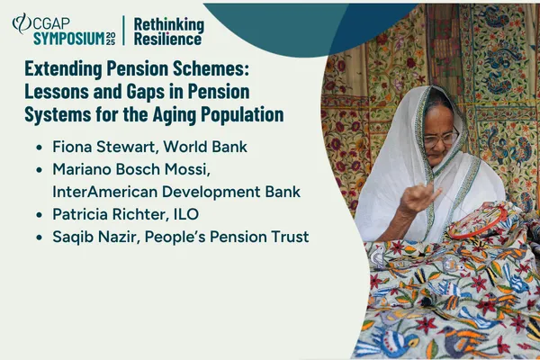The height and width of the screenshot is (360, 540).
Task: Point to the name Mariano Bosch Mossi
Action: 127,167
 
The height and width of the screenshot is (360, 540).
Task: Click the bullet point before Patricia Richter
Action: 37,215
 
